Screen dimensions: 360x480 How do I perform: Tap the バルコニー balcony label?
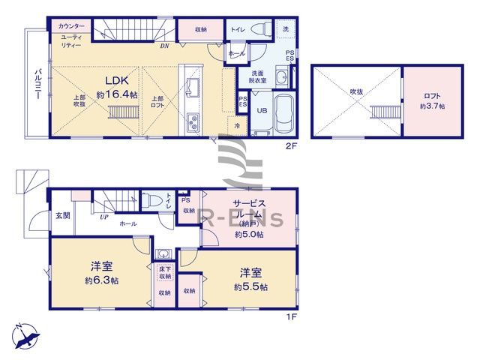click(x=36, y=83)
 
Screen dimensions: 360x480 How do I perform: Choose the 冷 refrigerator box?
click(x=238, y=126)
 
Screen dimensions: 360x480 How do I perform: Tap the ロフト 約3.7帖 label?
click(x=432, y=101)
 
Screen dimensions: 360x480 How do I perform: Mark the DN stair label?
click(x=164, y=46)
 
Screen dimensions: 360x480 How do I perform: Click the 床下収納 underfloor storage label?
click(x=164, y=271)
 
